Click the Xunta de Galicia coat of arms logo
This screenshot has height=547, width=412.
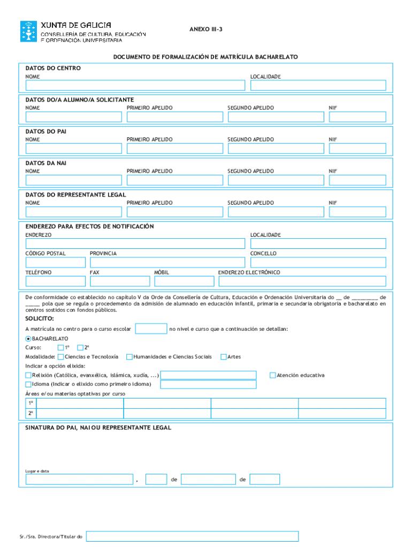click(29, 32)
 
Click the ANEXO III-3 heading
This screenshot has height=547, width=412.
click(205, 29)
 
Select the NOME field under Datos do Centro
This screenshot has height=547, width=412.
click(135, 85)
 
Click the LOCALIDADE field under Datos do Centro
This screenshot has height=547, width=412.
click(318, 85)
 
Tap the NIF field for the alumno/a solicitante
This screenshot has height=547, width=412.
click(357, 117)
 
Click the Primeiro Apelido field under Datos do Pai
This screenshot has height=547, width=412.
click(174, 149)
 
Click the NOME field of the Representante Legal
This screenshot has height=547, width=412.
click(73, 212)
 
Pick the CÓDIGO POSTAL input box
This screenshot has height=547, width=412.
click(55, 262)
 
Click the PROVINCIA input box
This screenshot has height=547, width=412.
click(167, 262)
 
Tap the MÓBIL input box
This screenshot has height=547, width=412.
click(184, 282)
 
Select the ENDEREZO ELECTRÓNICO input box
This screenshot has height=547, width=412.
click(302, 282)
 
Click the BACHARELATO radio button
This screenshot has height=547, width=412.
click(28, 339)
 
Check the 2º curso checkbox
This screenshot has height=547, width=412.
click(81, 348)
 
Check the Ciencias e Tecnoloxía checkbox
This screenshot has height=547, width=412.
click(60, 357)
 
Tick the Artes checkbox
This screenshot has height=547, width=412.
click(224, 357)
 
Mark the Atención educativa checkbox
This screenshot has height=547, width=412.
click(273, 375)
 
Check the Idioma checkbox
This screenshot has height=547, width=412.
click(28, 384)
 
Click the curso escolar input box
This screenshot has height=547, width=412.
click(151, 329)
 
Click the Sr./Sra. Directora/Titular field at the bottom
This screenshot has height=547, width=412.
click(192, 536)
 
